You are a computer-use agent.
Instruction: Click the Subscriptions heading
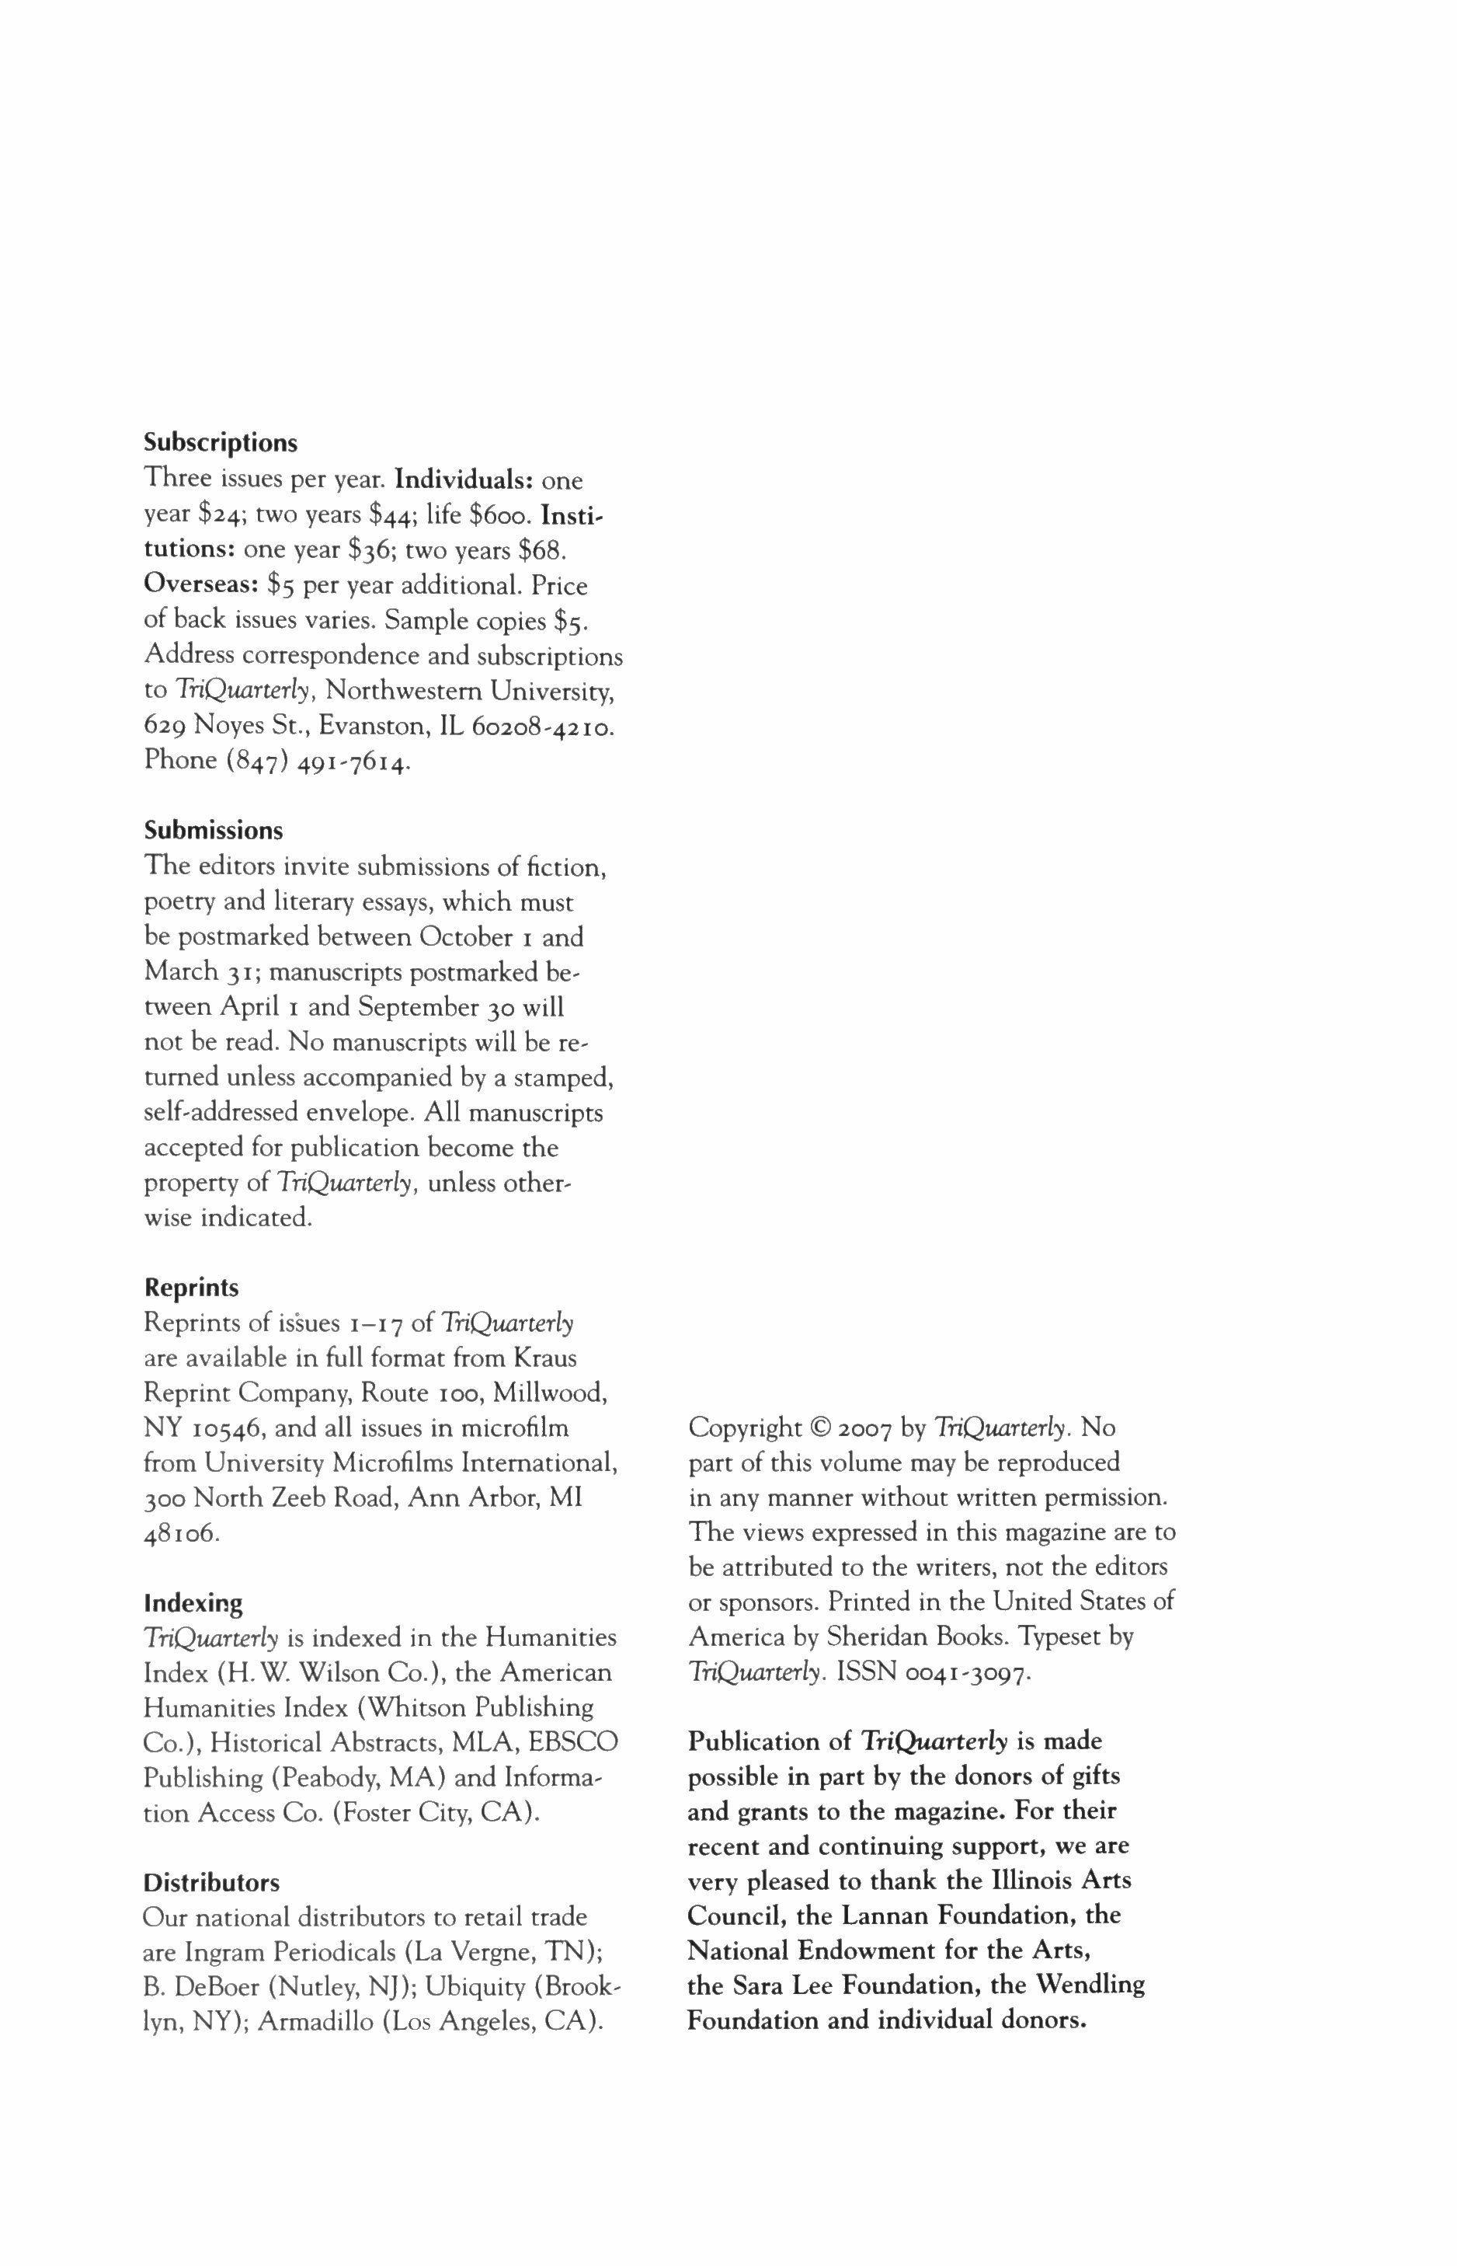[x=221, y=443]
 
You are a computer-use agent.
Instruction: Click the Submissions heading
[x=213, y=831]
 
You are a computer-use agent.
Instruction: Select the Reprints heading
[x=191, y=1288]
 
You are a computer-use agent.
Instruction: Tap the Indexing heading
[x=193, y=1603]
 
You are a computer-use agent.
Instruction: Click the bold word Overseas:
[x=201, y=586]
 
